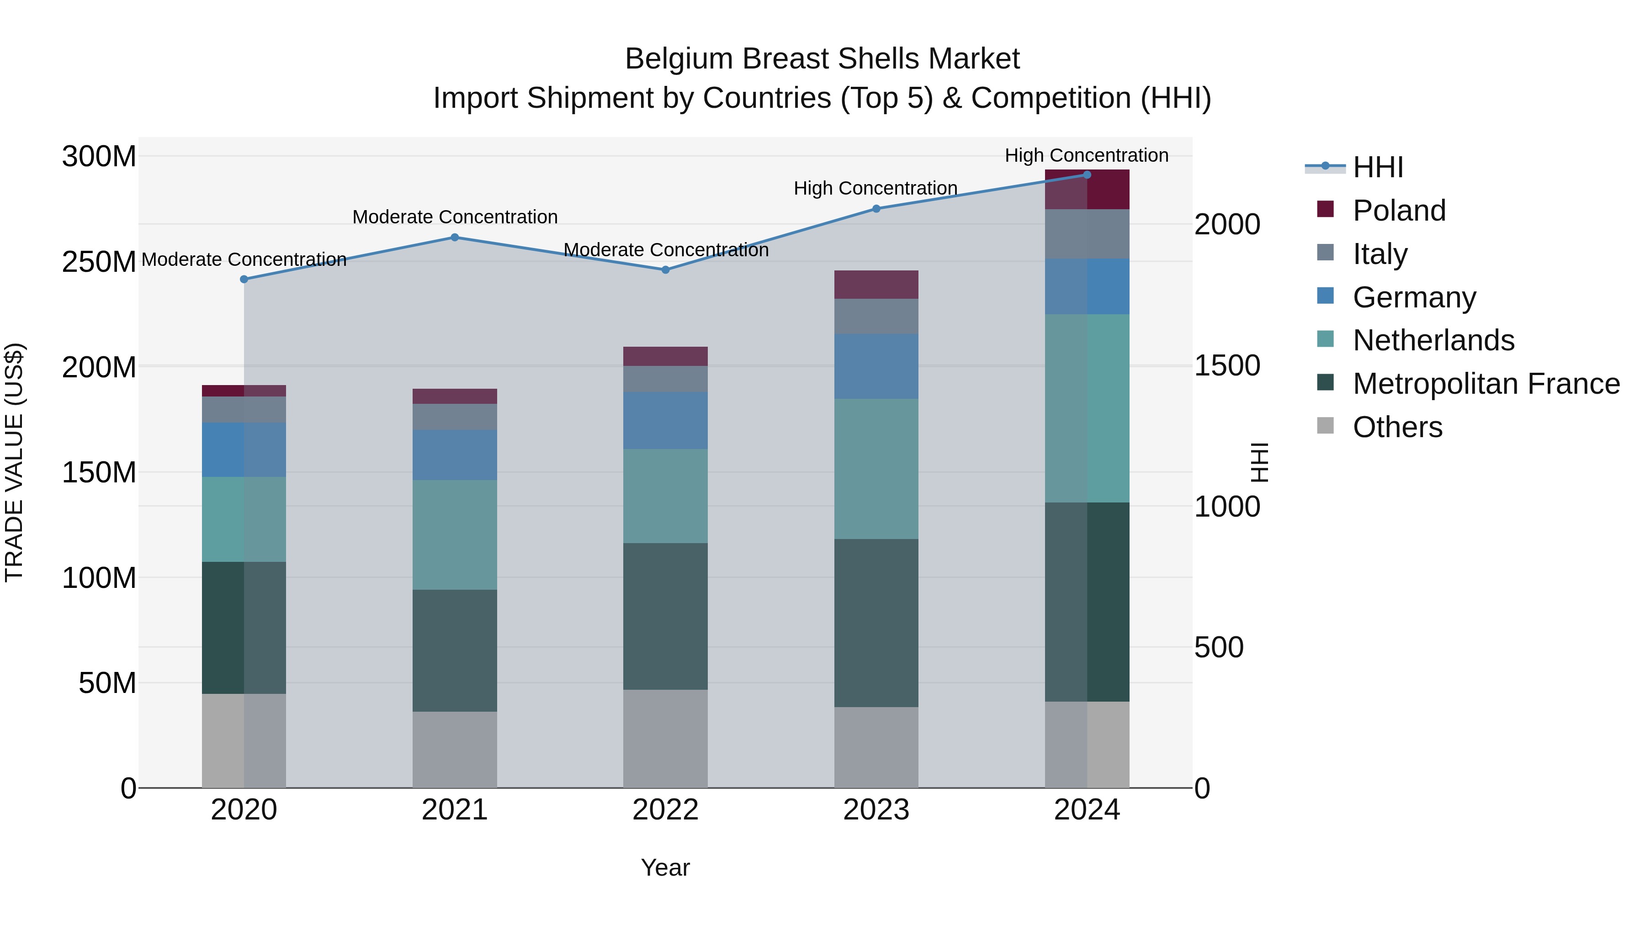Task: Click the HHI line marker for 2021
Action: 455,238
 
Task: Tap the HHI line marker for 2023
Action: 876,209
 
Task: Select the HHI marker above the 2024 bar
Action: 1087,175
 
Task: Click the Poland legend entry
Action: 1399,211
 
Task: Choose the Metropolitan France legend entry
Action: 1486,384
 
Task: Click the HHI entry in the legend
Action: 1377,167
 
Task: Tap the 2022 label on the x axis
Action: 665,810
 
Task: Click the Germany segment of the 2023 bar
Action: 876,366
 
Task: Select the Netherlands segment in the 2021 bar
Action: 455,534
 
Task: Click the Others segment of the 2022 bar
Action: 665,739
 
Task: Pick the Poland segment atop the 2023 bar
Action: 876,284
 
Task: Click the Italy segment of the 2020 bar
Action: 244,409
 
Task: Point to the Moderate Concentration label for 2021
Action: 455,217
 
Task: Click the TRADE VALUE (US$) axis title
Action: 14,462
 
